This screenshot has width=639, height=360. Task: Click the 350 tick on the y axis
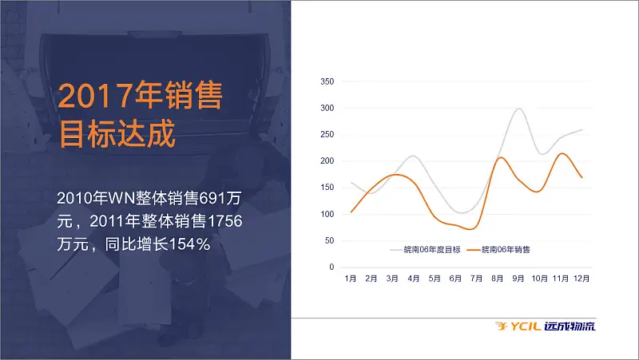[x=327, y=81]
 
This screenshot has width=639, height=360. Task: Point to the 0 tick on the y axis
[x=331, y=267]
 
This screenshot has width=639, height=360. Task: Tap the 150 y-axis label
[x=327, y=188]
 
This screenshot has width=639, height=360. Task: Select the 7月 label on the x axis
[x=476, y=279]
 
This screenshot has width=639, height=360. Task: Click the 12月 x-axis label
[x=581, y=279]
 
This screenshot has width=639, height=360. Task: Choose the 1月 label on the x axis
[x=351, y=279]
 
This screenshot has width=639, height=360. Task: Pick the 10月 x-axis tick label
[x=540, y=279]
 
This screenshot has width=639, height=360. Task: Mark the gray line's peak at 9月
[x=518, y=109]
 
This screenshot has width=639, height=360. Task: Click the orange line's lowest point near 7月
[x=471, y=229]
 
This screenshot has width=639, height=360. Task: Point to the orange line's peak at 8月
[x=500, y=157]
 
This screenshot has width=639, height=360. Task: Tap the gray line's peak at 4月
[x=413, y=156]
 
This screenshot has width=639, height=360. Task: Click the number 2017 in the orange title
[x=96, y=96]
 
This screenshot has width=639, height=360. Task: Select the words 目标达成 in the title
[x=117, y=133]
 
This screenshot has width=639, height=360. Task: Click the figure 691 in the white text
[x=212, y=198]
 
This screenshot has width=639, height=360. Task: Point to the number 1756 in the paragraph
[x=224, y=221]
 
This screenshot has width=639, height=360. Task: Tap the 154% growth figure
[x=189, y=244]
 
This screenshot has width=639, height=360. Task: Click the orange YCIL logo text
[x=526, y=326]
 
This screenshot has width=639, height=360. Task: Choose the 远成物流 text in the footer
[x=570, y=326]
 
